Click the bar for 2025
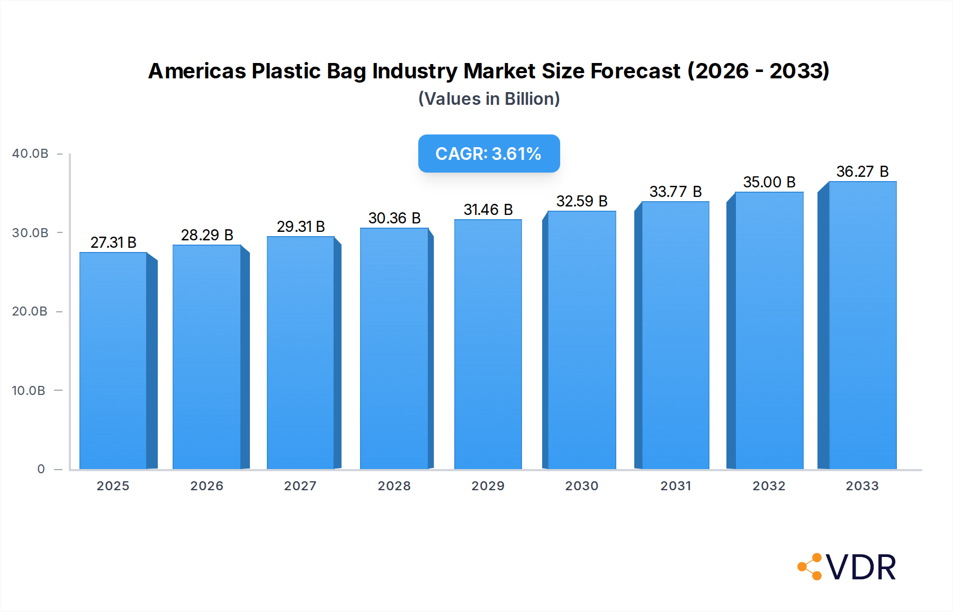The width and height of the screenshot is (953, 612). point(113,361)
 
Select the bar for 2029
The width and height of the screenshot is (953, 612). point(488,344)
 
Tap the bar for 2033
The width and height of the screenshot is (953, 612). point(862,325)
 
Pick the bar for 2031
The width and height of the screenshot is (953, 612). point(675,335)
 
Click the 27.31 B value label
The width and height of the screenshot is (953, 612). point(113,242)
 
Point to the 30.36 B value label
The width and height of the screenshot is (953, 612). point(394,218)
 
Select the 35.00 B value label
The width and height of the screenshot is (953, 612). point(769,182)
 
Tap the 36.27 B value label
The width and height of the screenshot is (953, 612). point(862,172)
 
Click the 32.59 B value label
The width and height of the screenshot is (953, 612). point(582,201)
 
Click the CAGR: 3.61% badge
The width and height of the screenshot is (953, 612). point(489,154)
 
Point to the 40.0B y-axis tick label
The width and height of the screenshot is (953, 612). point(30,154)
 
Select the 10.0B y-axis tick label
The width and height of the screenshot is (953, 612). point(29,391)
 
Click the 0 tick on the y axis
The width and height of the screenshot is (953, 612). point(41,469)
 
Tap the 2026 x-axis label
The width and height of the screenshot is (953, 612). point(206,486)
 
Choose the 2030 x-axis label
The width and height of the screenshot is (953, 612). point(581,486)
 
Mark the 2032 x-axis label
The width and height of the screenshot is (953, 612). point(769,486)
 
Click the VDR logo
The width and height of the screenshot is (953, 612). point(847,567)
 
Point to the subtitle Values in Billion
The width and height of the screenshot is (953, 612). point(489,99)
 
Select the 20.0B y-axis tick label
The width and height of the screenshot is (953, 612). point(30,311)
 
